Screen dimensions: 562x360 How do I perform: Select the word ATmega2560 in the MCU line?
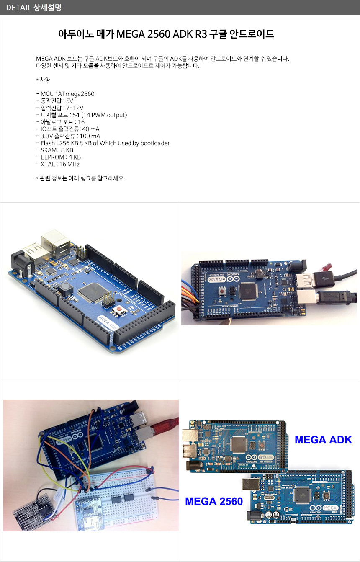[x=76, y=94]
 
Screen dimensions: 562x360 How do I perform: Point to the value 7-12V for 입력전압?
[x=75, y=108]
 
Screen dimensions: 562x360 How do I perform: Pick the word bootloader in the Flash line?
[x=155, y=143]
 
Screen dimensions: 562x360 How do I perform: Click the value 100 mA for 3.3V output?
[x=90, y=136]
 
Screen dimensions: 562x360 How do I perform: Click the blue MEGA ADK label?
[x=323, y=440]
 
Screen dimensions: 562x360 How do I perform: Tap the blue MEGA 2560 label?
[x=214, y=501]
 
